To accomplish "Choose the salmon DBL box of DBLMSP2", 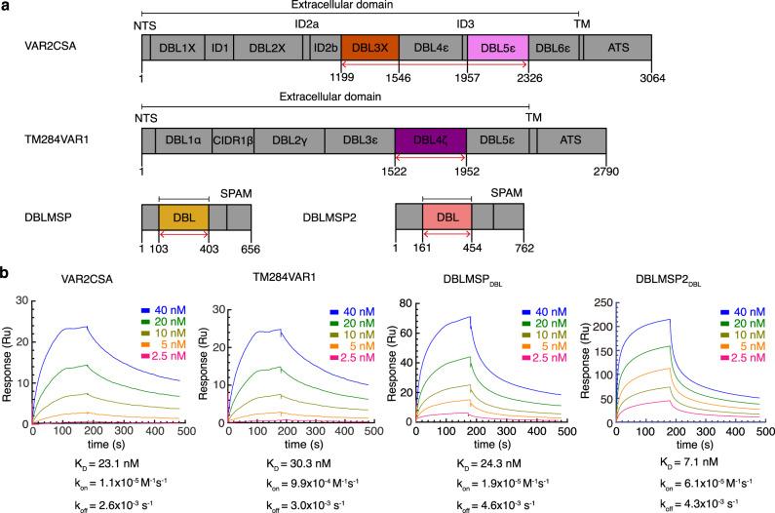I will tap(446, 218).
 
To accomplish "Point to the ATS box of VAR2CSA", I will tap(616, 46).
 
